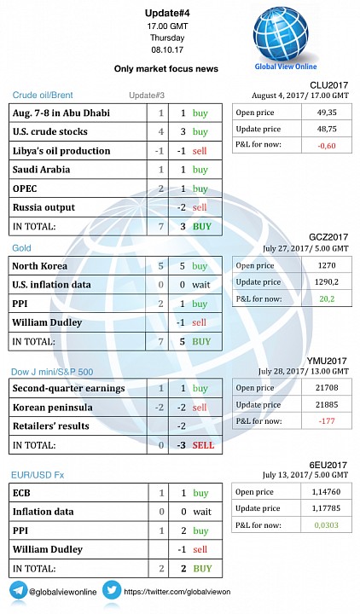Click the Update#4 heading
(167, 14)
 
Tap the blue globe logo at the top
(280, 34)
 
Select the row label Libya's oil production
(61, 151)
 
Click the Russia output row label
(44, 207)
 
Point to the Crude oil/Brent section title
(43, 95)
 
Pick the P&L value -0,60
(327, 145)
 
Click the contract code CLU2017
(328, 85)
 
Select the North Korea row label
(39, 266)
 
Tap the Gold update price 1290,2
(327, 282)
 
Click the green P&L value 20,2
(327, 298)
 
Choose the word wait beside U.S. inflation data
(201, 285)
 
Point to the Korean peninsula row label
(53, 408)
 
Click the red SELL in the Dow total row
(203, 445)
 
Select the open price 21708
(327, 388)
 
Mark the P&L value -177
(327, 421)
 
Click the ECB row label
(21, 493)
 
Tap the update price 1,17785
(327, 508)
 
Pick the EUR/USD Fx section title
(38, 475)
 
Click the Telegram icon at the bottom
(18, 590)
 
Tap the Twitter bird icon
(112, 590)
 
